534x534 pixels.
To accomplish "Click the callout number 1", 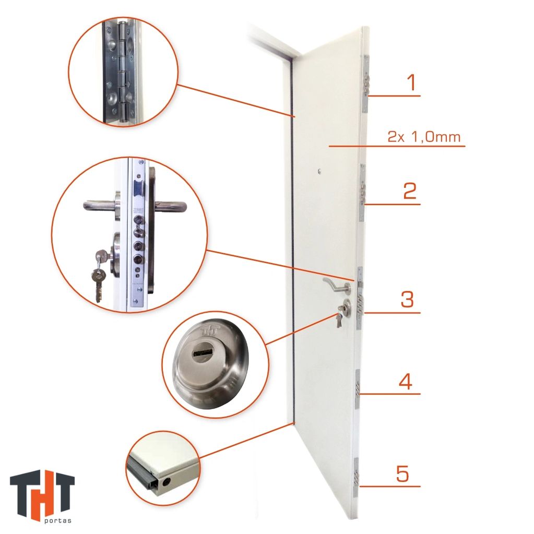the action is pos(412,82).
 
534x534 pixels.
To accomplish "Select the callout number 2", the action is pos(410,191).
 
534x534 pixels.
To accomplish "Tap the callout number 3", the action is pos(407,299).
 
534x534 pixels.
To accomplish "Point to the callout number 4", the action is pos(406,381).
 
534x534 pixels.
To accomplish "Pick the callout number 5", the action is pos(402,473).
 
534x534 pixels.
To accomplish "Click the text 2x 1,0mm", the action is pos(424,137).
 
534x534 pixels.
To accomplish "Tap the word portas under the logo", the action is pos(58,520).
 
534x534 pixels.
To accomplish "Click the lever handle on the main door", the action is pos(337,285).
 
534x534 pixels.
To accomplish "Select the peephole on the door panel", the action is pos(319,171).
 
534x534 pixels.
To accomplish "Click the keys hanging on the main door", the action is pos(339,317).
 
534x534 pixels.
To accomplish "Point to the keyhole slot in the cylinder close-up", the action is pos(203,350).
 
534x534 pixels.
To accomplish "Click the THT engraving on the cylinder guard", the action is pos(210,330).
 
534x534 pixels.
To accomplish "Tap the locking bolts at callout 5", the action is pos(357,476).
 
